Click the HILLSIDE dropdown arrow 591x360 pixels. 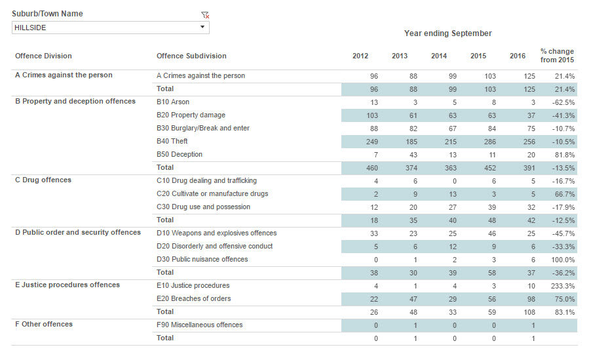point(202,27)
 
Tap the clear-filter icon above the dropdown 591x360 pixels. point(205,15)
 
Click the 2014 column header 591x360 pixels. point(439,56)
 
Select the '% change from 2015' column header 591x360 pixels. point(557,56)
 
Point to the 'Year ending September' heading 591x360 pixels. point(448,33)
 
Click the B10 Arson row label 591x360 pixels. point(173,102)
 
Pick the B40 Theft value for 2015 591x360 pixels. point(490,142)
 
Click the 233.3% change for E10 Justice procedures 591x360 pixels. point(563,286)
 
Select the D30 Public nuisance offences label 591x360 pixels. point(202,259)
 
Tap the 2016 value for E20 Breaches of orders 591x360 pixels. point(531,299)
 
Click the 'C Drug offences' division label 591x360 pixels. point(43,180)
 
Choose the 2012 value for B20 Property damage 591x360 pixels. point(372,116)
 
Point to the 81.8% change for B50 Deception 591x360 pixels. point(565,155)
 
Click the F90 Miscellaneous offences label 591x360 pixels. point(199,325)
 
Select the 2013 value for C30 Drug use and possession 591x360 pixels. point(413,208)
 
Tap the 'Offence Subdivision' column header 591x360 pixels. point(191,56)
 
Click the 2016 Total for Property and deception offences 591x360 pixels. point(529,169)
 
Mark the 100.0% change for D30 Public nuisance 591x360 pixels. point(563,260)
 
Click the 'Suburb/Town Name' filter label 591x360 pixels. point(47,14)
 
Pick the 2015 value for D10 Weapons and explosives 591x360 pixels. point(492,233)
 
